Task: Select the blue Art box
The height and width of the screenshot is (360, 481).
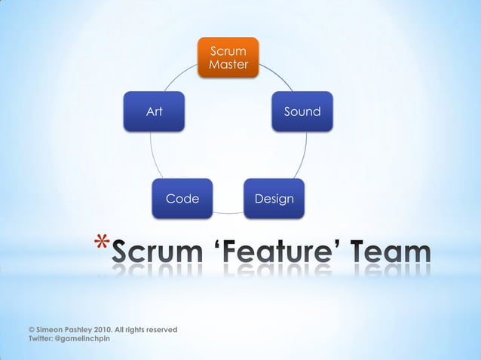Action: (x=154, y=111)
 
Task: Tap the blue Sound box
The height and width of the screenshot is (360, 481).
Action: (x=302, y=111)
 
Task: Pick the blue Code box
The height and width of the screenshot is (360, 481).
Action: (x=182, y=199)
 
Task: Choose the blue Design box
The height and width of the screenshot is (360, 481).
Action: (x=274, y=199)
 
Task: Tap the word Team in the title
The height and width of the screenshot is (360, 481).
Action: (x=392, y=255)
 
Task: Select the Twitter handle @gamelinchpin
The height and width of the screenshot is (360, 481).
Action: (x=84, y=339)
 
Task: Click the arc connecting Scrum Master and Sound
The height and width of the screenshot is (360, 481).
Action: (x=277, y=75)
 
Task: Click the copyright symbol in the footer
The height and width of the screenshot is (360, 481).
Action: (x=31, y=330)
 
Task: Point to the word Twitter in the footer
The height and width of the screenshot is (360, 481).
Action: (x=41, y=339)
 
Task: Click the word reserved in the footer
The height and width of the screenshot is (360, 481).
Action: (x=161, y=330)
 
